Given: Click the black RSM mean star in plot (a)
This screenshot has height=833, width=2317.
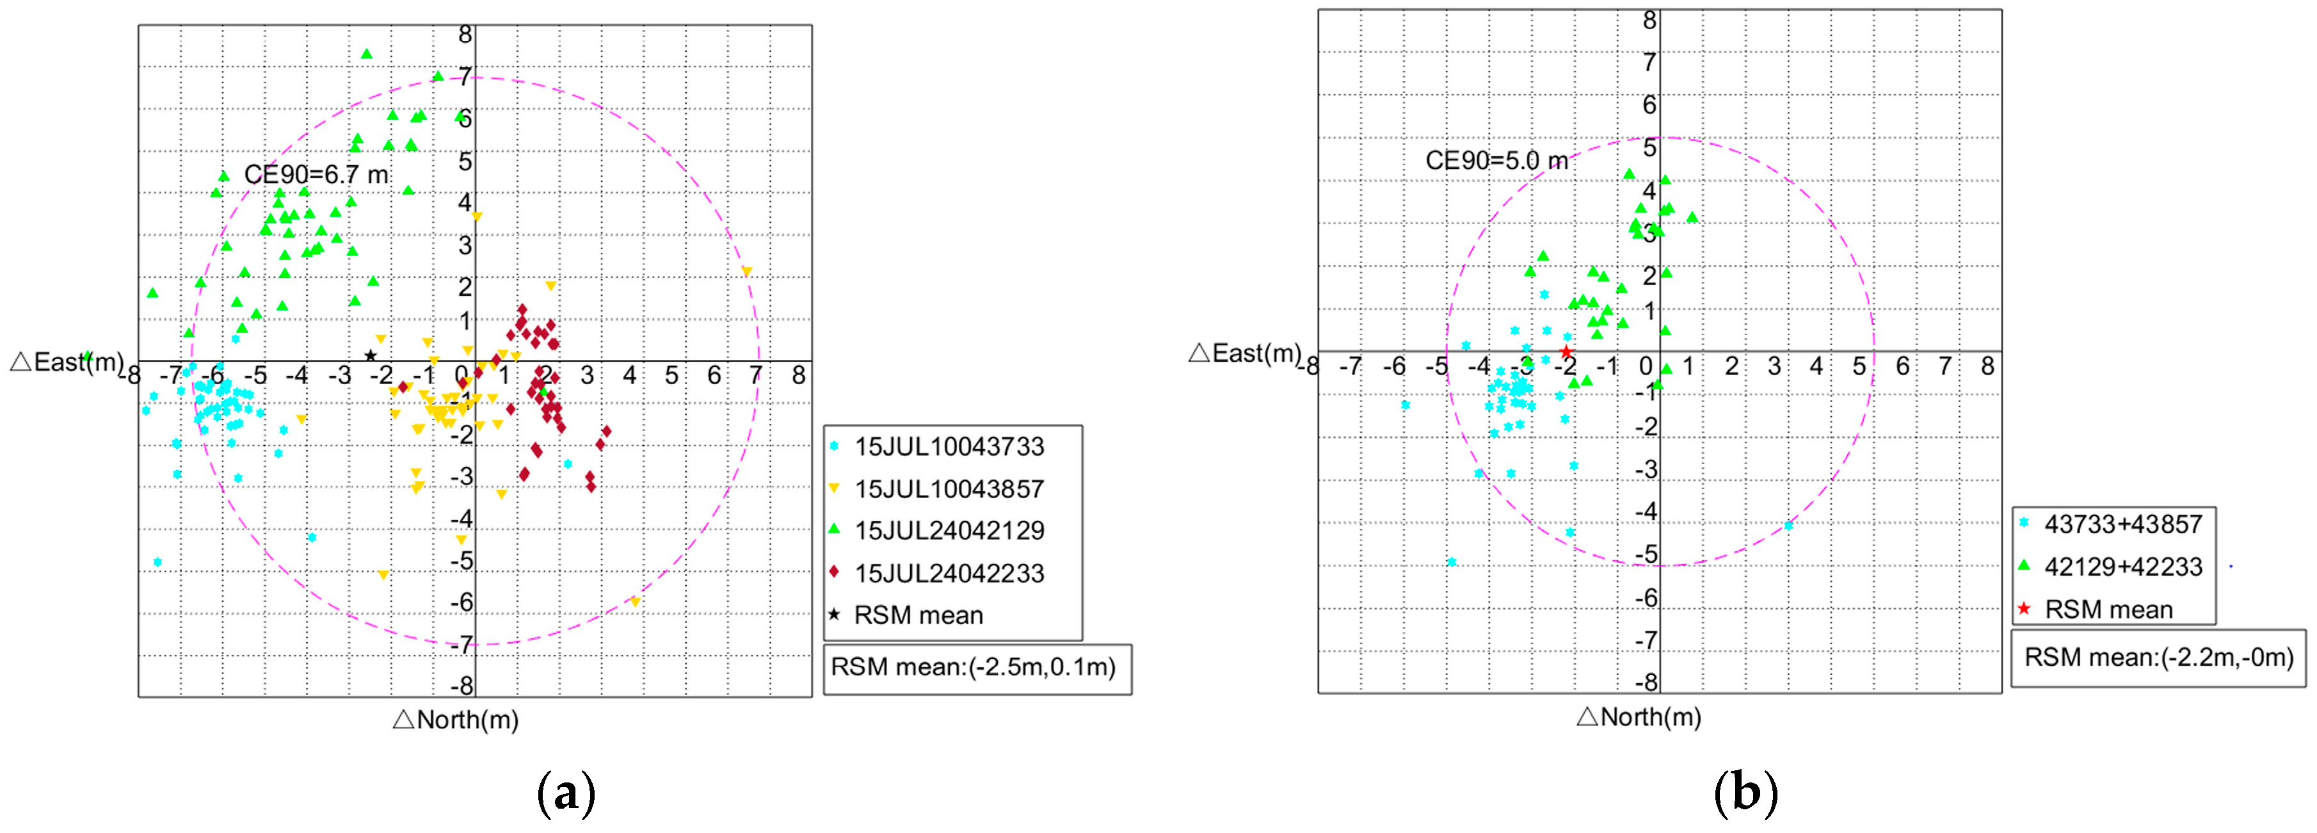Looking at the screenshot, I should (x=370, y=355).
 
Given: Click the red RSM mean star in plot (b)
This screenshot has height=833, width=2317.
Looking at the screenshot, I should (x=1566, y=352).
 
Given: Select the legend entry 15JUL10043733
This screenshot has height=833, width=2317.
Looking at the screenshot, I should (x=949, y=447).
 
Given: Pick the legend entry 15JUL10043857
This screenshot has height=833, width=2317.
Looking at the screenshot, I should (x=949, y=489).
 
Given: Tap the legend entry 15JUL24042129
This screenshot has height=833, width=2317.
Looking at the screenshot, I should (x=949, y=531).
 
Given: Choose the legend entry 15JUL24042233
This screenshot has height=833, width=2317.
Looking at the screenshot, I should (x=949, y=573).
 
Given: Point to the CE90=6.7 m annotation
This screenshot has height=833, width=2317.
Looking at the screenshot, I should (x=317, y=175).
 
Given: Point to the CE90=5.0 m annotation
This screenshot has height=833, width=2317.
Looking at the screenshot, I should (x=1496, y=161).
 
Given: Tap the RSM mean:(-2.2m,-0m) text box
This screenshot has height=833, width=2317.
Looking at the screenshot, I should (x=2158, y=658).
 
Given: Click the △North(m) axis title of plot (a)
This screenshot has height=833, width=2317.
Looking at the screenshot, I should (x=456, y=720).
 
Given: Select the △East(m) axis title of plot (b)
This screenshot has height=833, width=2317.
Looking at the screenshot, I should (x=1245, y=353).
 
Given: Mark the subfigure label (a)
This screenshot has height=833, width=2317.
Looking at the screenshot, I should (x=566, y=793).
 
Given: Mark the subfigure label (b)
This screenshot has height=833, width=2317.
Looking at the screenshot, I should (x=1746, y=793).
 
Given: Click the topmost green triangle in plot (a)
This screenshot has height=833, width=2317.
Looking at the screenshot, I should (x=366, y=54).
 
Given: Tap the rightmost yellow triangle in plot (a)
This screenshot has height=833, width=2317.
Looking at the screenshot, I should (x=746, y=271).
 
